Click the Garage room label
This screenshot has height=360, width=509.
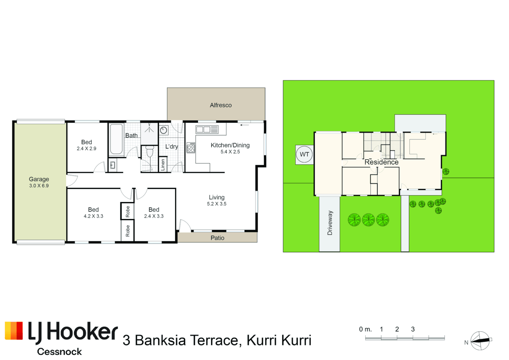39,179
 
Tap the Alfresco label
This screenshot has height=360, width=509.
221,105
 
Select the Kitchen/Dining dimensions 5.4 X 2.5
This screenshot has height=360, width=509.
230,152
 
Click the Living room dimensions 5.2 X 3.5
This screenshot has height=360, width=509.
217,204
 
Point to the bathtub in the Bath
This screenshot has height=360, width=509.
116,139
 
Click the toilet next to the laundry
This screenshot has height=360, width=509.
150,151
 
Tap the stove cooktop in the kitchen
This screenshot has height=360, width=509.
191,148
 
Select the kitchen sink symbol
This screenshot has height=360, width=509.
207,130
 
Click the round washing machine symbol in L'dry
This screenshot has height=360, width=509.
163,130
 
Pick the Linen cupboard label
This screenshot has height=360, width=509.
163,165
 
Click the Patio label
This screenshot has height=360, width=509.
217,238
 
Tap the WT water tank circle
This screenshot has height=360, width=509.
304,155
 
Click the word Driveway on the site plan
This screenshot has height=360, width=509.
330,223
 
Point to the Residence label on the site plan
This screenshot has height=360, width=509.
382,162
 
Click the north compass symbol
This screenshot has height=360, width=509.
480,341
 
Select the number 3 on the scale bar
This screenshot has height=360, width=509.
413,329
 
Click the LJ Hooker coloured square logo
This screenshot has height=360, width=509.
14,331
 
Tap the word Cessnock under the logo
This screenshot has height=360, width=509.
59,352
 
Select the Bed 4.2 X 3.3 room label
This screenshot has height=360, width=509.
93,213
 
